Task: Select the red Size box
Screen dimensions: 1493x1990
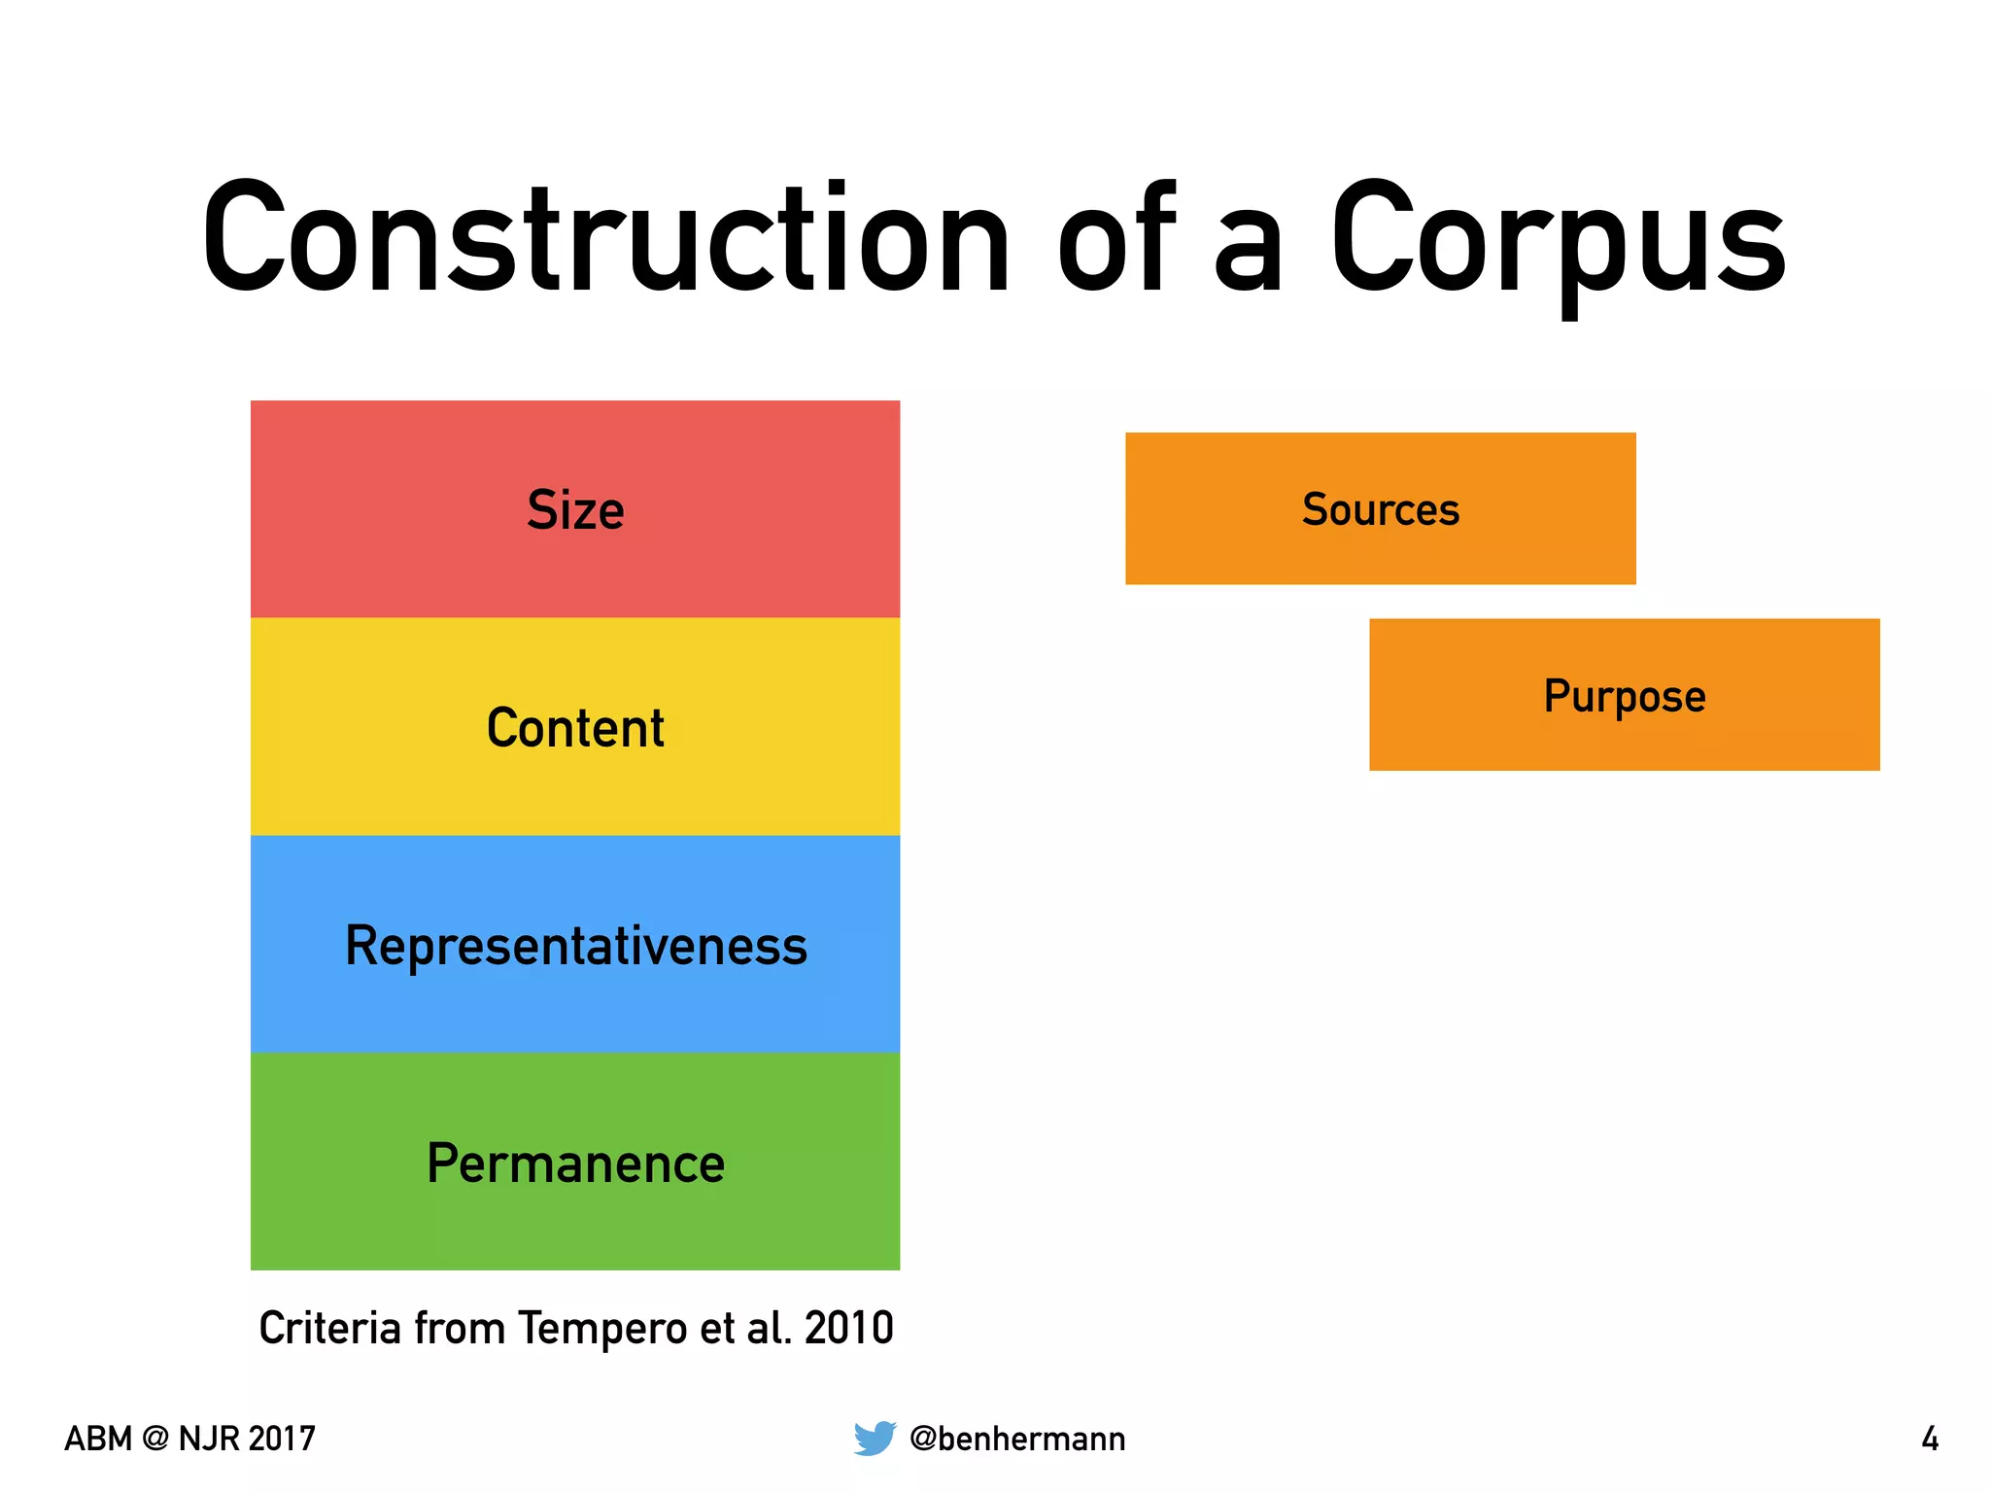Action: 575,509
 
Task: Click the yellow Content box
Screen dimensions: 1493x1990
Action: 575,727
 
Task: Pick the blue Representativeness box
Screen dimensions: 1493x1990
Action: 575,945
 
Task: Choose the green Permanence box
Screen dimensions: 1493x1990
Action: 575,1163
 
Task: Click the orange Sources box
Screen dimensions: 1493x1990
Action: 1380,508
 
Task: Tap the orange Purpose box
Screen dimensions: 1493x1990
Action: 1624,695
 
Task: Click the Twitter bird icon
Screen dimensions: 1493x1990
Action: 875,1438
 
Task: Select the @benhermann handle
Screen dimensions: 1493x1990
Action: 1017,1439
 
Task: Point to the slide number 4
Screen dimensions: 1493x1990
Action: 1930,1439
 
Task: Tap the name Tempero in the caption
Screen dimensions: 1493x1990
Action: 602,1329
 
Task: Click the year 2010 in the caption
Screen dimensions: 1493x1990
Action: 849,1328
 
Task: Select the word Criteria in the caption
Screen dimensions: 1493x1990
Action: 329,1328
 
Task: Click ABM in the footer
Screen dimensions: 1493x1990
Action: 97,1439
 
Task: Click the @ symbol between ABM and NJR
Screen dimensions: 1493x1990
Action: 154,1439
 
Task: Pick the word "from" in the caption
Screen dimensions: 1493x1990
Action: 460,1328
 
